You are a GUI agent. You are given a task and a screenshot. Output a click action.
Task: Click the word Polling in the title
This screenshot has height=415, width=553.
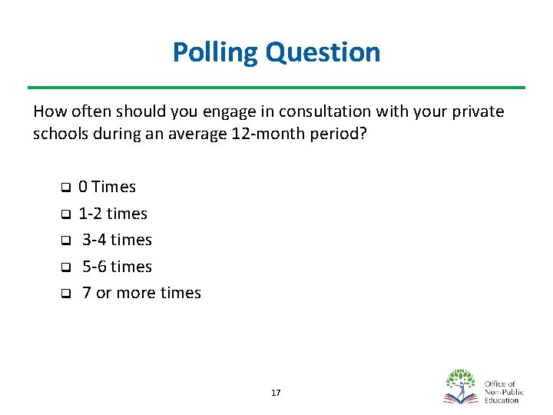(216, 52)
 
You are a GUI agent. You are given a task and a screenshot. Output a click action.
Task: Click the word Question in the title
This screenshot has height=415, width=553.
(323, 52)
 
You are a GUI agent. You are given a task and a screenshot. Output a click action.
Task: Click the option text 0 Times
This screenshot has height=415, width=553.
(108, 187)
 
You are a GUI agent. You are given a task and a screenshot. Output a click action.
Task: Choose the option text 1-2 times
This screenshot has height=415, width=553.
(113, 214)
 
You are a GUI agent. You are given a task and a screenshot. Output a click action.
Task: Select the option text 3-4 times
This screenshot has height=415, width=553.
(117, 240)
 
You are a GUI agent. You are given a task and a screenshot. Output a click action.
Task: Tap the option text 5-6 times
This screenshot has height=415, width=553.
(117, 267)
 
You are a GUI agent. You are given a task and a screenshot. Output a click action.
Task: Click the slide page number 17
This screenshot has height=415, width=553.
(276, 393)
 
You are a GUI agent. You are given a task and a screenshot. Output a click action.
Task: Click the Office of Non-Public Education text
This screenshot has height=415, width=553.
(502, 391)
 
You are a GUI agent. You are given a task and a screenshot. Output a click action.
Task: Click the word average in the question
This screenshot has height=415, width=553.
(195, 134)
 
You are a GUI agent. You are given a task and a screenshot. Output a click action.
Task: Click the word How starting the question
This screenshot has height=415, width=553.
(48, 111)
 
